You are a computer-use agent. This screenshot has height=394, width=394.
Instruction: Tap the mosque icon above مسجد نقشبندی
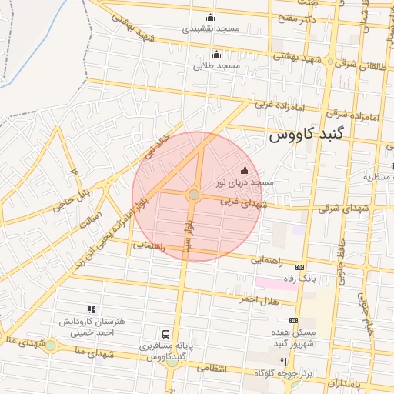click(x=211, y=17)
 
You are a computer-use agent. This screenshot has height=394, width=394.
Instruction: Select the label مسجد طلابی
click(x=218, y=66)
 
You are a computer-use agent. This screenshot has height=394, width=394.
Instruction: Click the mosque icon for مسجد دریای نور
click(x=245, y=171)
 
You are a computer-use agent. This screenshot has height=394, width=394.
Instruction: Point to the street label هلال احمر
click(x=257, y=299)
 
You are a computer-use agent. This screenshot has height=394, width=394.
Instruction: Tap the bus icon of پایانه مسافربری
click(x=165, y=334)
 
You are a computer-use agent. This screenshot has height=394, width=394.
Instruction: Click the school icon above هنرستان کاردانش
click(x=92, y=310)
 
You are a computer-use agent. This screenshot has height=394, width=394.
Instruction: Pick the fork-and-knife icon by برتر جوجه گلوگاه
click(x=283, y=361)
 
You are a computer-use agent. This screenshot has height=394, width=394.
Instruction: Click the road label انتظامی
click(x=213, y=369)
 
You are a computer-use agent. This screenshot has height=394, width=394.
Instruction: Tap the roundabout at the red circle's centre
click(x=194, y=195)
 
